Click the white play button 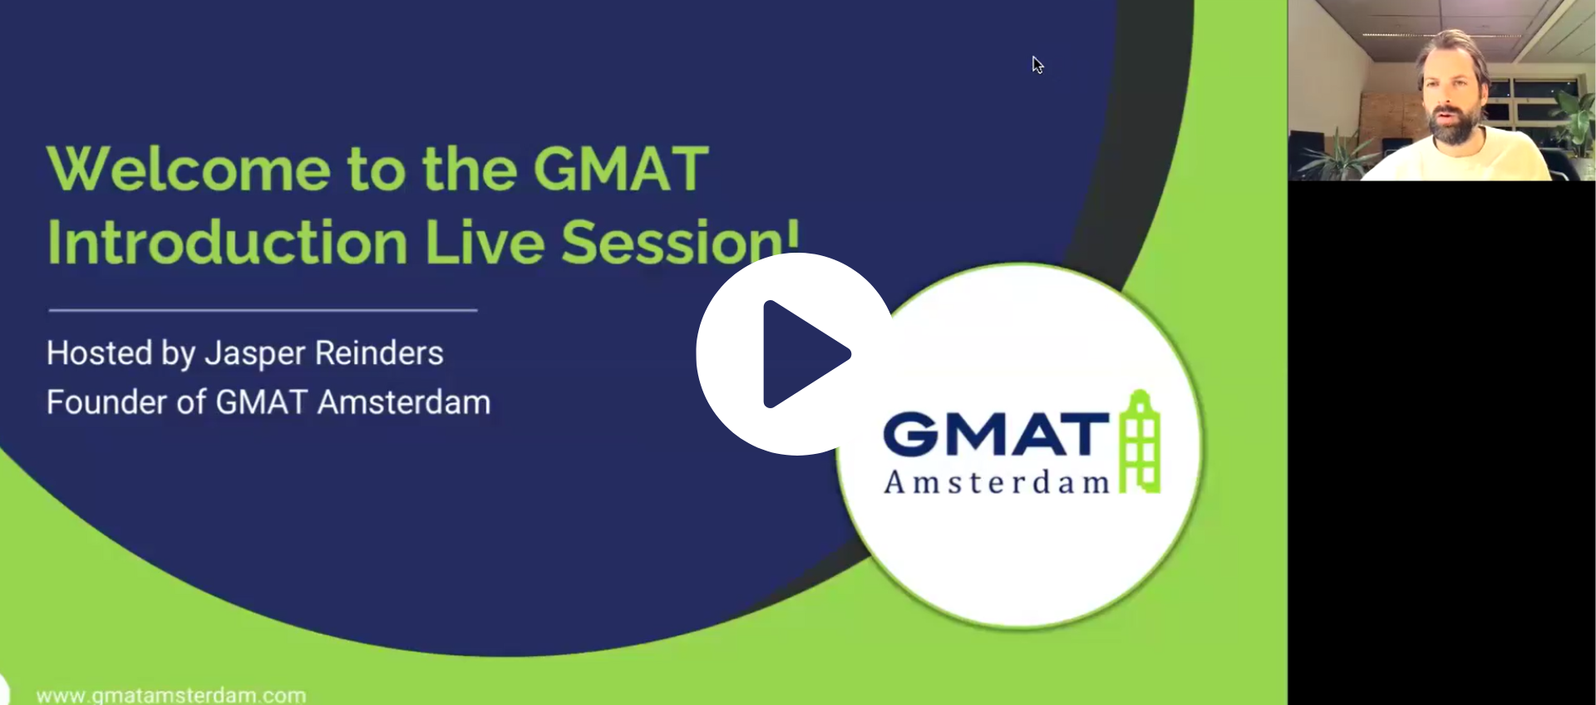tap(796, 354)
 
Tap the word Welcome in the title tap(189, 169)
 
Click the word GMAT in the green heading tap(621, 169)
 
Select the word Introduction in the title tap(227, 242)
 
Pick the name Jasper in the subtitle tap(254, 354)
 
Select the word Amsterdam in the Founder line tap(404, 402)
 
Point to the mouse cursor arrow tap(1037, 65)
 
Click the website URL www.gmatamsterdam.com tap(171, 695)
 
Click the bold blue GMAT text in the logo tap(996, 434)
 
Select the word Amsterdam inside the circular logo tap(997, 482)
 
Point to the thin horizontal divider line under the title tap(263, 310)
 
